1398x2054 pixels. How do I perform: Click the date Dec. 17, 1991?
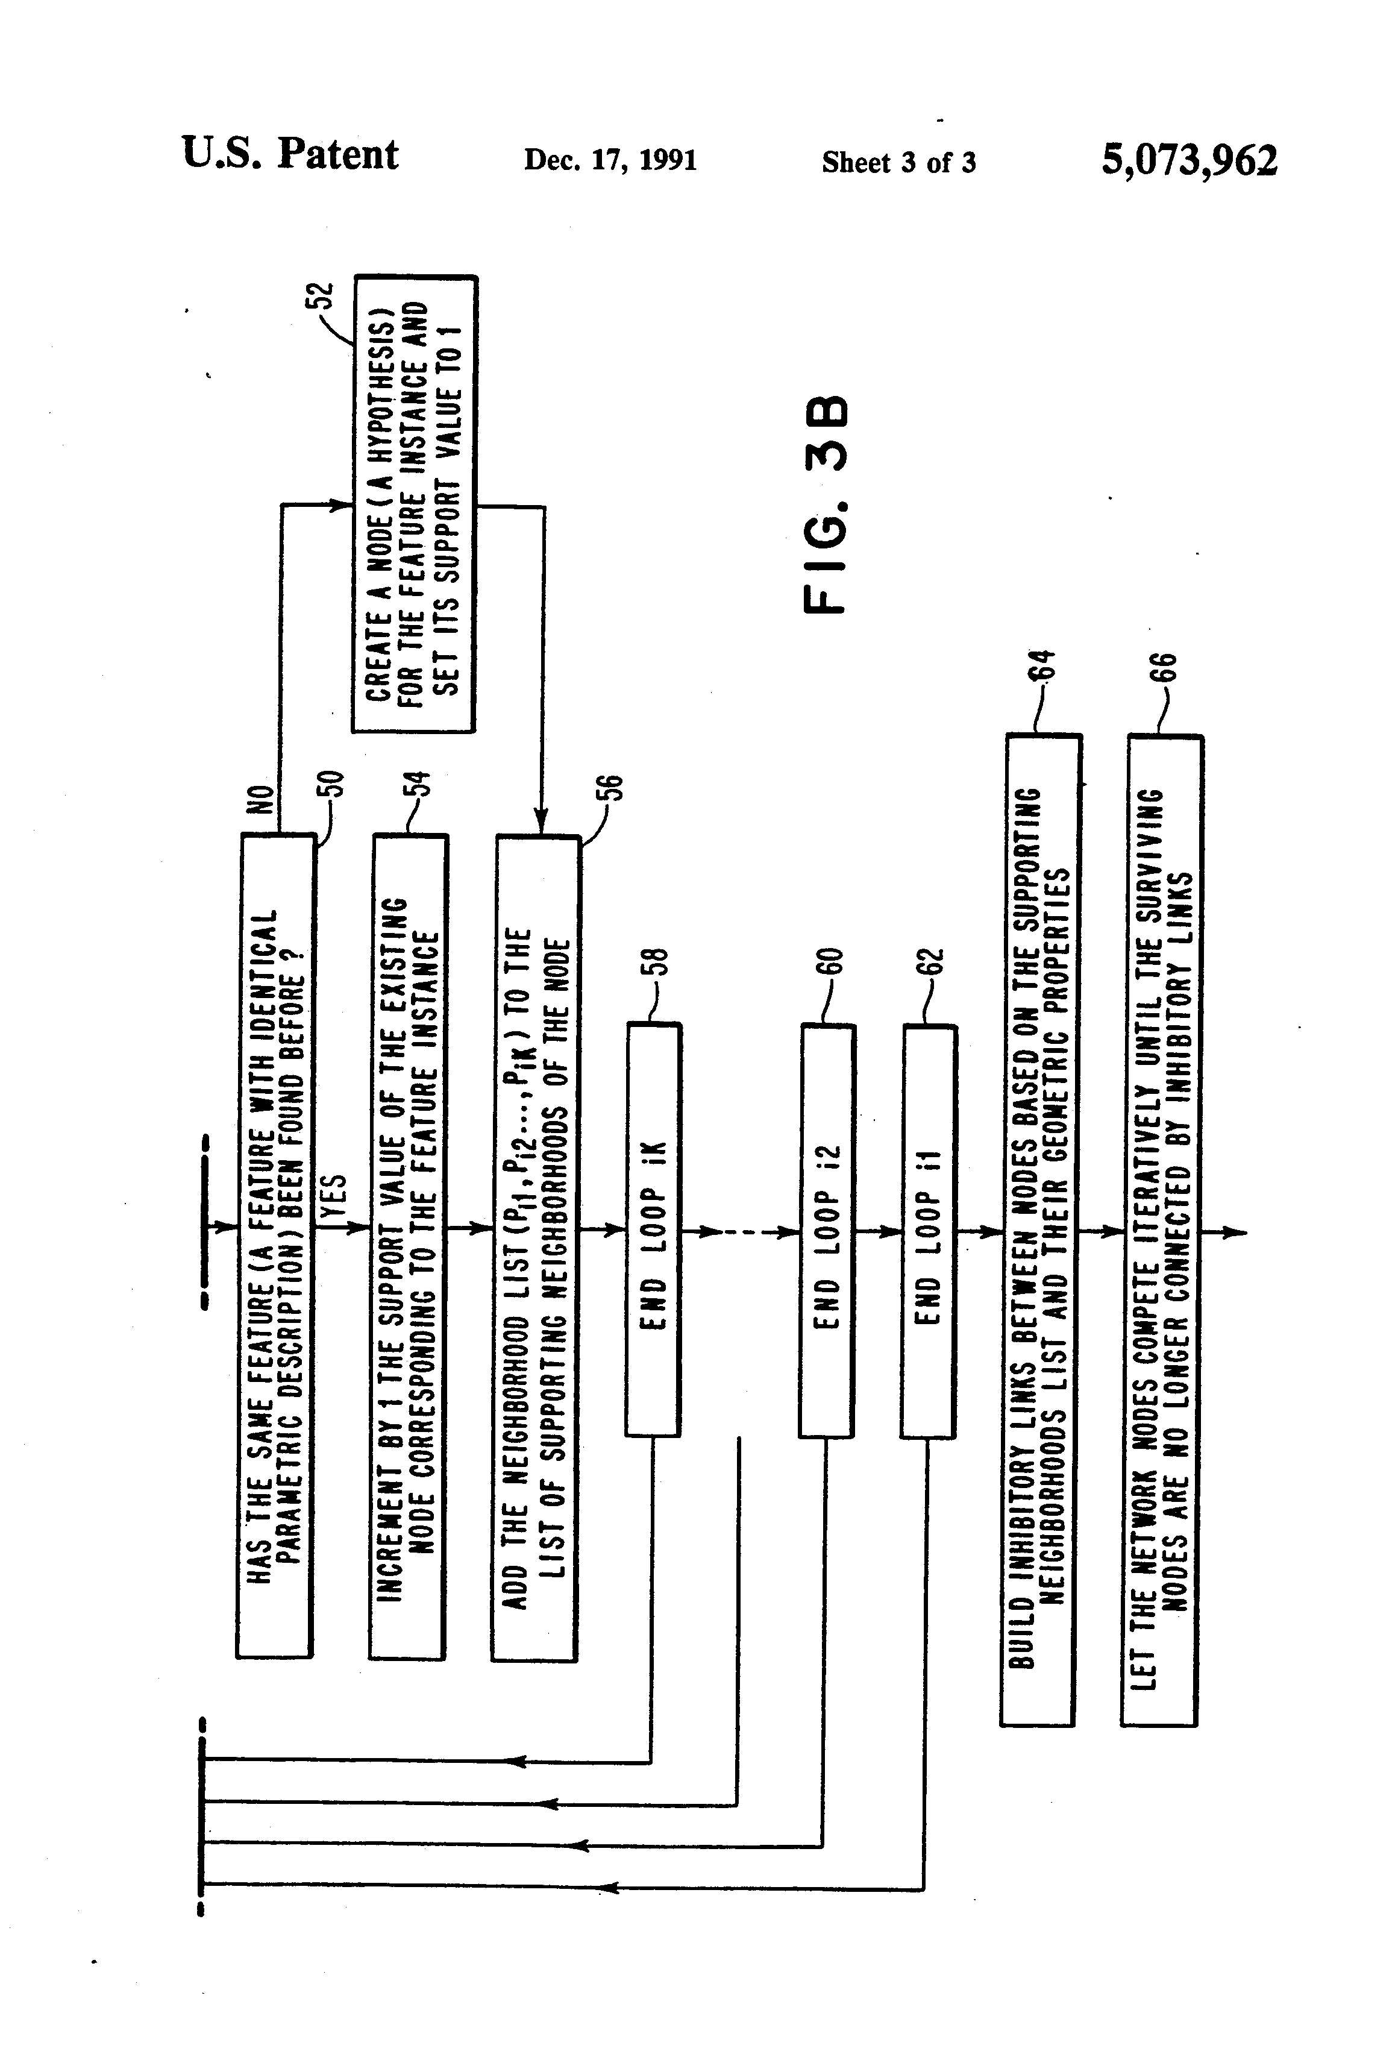pos(610,160)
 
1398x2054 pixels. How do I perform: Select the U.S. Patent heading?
pos(290,154)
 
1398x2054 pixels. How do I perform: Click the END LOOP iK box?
pos(653,1230)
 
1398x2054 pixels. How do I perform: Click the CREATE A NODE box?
pos(415,504)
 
